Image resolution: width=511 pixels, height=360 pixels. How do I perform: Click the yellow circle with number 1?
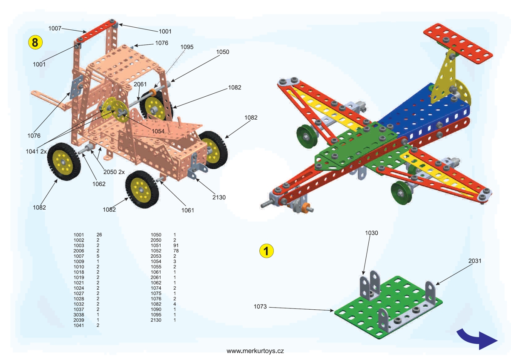point(267,251)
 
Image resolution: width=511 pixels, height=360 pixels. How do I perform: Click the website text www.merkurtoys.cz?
point(255,351)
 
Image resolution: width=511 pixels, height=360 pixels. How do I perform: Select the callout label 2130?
point(218,197)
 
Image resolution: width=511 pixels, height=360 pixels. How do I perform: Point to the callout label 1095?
point(187,47)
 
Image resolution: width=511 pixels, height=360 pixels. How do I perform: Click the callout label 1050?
point(222,52)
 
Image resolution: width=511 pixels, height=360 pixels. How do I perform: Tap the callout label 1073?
point(261,306)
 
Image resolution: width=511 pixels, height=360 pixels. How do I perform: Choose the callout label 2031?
point(475,261)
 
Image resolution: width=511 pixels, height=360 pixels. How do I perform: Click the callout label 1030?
point(371,233)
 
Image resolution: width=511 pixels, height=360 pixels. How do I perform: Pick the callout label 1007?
point(55,29)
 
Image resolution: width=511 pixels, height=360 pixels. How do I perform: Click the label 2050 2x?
point(114,172)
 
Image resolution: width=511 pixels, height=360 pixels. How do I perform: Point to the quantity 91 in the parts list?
point(176,246)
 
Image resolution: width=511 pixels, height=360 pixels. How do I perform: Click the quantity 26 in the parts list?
point(99,235)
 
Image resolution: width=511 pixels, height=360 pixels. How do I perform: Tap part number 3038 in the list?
point(79,314)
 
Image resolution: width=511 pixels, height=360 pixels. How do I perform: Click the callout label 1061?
point(188,210)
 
